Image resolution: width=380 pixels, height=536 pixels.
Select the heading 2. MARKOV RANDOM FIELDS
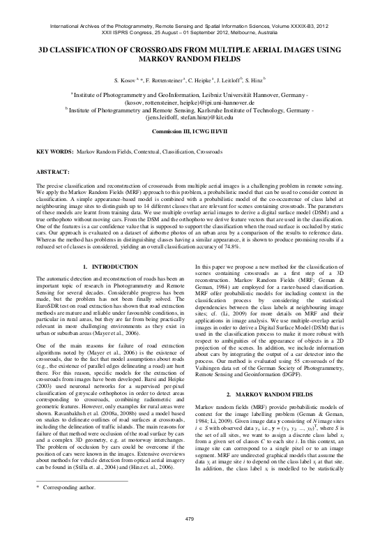(x=276, y=375)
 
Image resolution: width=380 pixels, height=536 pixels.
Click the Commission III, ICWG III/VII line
(x=190, y=131)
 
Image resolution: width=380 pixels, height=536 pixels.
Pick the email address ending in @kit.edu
(x=190, y=118)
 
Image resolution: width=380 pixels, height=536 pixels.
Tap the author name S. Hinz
(x=257, y=81)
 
